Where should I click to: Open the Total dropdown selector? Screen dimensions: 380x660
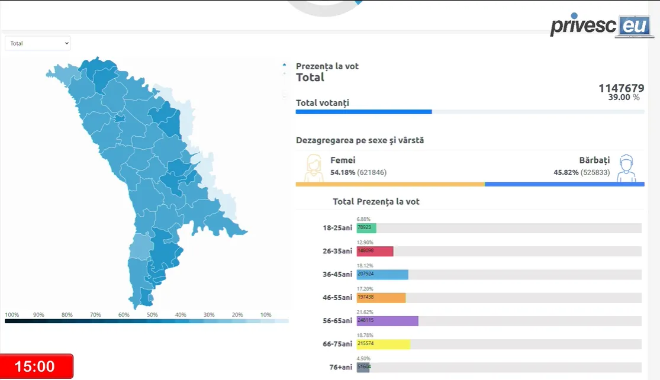click(37, 43)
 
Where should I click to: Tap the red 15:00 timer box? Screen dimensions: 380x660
click(36, 366)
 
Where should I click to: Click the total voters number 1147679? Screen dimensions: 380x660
click(621, 88)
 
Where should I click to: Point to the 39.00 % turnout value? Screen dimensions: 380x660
click(623, 98)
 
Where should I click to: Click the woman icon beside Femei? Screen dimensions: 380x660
click(313, 168)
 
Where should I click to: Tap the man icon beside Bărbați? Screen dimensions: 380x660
click(626, 168)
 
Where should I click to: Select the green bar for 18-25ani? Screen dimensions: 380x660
click(366, 228)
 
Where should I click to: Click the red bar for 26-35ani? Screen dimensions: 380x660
click(375, 251)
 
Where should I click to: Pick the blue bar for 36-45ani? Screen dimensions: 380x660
click(382, 275)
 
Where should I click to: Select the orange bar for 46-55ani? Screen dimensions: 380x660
click(381, 298)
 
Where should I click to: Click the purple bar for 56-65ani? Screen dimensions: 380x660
click(387, 321)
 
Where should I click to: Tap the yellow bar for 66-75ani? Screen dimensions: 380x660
click(383, 344)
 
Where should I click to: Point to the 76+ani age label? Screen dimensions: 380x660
click(340, 367)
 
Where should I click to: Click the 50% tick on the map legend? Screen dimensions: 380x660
click(152, 315)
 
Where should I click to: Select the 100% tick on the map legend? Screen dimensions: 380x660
click(12, 315)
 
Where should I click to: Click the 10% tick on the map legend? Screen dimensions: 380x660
click(266, 315)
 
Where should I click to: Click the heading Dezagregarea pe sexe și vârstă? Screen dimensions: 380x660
click(359, 140)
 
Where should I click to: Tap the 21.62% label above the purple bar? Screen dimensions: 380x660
click(364, 312)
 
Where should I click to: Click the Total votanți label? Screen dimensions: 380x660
click(322, 103)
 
